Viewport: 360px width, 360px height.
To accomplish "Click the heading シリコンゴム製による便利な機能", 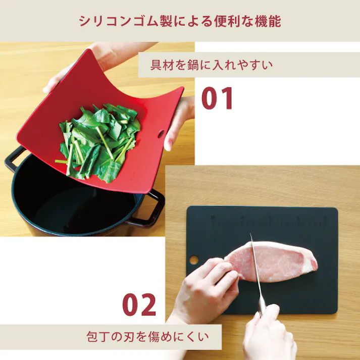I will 180,21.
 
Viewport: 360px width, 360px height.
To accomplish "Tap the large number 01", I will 218,99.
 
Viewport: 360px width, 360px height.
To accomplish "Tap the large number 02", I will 139,305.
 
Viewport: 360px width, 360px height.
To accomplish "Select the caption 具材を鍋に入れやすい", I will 212,65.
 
